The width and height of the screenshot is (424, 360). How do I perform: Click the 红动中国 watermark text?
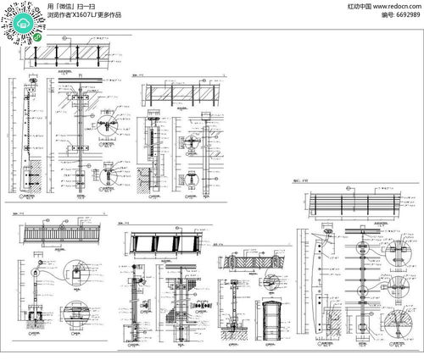[360, 5]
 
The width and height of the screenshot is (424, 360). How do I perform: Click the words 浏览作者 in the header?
[59, 14]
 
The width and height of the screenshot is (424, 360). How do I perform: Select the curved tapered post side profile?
[318, 284]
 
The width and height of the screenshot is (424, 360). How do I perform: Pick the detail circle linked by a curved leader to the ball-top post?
[77, 276]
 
